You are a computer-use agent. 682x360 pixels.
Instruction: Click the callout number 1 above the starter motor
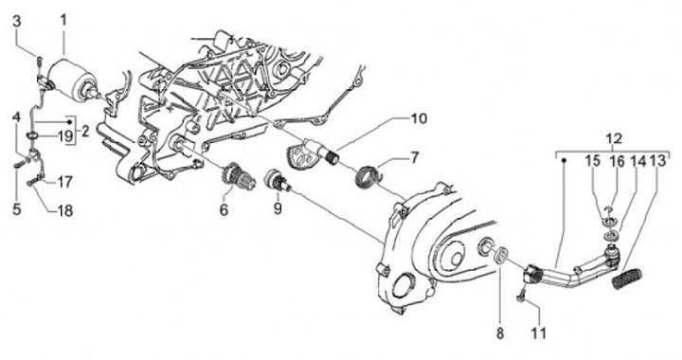click(x=64, y=21)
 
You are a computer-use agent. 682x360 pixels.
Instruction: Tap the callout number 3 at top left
click(x=17, y=22)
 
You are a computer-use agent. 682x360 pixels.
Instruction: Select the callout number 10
click(x=419, y=118)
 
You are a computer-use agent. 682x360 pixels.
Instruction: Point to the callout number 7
click(x=414, y=157)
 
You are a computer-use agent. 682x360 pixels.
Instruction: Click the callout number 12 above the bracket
click(x=614, y=139)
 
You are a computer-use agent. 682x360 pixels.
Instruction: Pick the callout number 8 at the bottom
click(x=500, y=333)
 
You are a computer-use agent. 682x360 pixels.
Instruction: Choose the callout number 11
click(x=538, y=333)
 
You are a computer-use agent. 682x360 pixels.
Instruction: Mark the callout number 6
click(x=224, y=210)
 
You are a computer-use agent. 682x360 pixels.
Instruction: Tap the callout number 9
click(x=278, y=208)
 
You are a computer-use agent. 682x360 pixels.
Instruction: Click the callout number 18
click(x=65, y=211)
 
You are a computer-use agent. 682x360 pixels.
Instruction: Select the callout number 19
click(x=65, y=136)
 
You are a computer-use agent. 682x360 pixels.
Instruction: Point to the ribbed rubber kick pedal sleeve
click(x=628, y=279)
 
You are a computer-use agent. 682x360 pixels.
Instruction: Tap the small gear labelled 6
click(x=230, y=178)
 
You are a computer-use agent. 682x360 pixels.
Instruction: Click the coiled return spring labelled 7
click(x=368, y=176)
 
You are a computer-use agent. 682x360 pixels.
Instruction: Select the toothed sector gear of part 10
click(x=298, y=156)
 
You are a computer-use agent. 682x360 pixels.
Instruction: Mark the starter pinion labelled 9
click(x=277, y=180)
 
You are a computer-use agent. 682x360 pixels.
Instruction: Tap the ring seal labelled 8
click(x=501, y=254)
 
